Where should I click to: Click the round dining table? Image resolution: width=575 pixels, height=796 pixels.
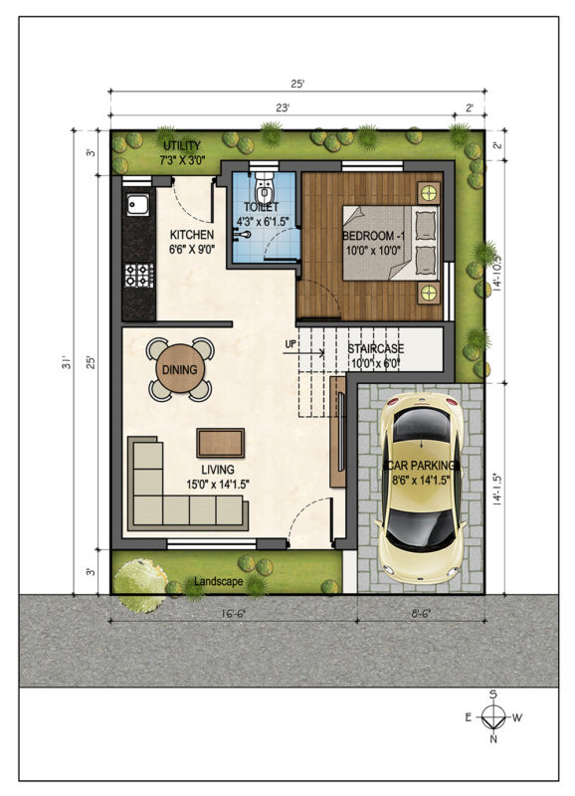pos(180,369)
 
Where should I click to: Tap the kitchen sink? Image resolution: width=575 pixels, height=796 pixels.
pos(138,205)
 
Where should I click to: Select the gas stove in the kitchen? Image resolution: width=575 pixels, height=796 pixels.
pos(139,275)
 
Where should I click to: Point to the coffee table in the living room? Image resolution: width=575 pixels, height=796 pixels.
pos(220,443)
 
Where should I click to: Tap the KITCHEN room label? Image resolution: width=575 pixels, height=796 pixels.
pos(192,235)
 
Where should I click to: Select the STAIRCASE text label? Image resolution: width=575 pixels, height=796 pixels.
pos(376,349)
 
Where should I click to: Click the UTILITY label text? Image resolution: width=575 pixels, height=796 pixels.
pos(182,145)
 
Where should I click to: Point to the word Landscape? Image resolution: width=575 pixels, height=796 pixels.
pos(218,581)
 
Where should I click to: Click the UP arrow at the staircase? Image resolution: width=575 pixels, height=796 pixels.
pos(303,352)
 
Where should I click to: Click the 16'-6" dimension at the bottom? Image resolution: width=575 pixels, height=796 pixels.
pos(233,613)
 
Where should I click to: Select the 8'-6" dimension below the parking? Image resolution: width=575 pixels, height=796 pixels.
pos(421,613)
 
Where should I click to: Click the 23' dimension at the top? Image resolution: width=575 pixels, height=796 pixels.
pos(283,107)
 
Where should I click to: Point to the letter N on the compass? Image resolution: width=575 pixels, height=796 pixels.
pos(492,739)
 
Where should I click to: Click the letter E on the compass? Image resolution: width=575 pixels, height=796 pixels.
pos(469,717)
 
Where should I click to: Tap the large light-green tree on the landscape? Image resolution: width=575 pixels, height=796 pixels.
pos(140,585)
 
